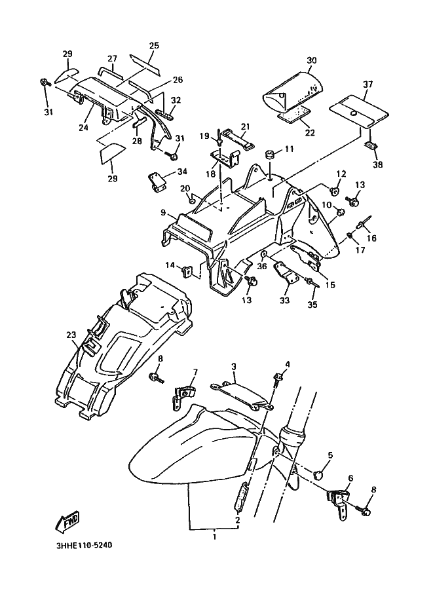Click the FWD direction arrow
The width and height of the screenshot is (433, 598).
tap(67, 521)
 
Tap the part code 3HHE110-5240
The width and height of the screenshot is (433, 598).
tap(84, 546)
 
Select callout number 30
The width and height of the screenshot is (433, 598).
tap(312, 61)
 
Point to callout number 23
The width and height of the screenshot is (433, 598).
tap(71, 335)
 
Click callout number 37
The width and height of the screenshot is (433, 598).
tap(367, 84)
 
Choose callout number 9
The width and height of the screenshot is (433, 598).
tap(163, 213)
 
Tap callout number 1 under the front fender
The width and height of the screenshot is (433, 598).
tap(214, 536)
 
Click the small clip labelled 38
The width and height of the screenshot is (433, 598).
tap(369, 145)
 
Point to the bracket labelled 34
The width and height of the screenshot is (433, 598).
tap(156, 181)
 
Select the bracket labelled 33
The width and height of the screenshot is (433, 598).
tap(286, 272)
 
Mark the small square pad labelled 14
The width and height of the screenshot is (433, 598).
tap(187, 272)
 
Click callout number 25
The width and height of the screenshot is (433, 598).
tap(154, 45)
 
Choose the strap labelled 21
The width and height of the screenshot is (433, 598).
tap(238, 140)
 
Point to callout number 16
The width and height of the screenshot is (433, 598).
tap(371, 238)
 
